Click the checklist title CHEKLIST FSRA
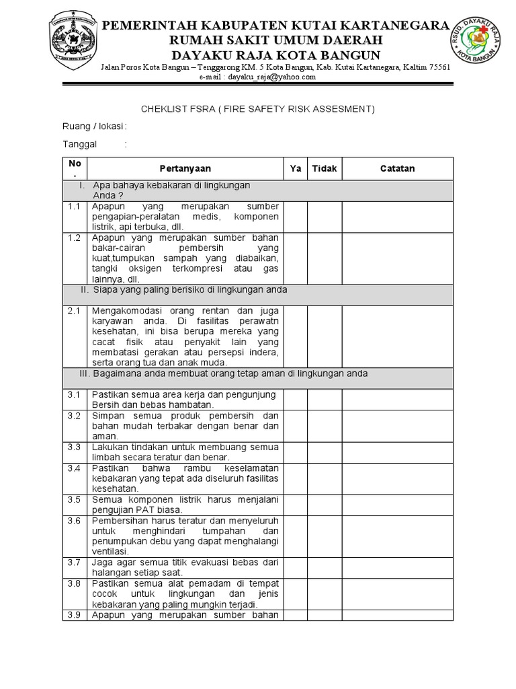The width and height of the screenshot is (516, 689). click(x=257, y=109)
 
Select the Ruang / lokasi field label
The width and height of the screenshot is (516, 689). click(x=94, y=126)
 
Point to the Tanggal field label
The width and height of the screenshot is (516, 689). click(x=80, y=144)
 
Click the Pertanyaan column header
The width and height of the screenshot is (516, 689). click(x=185, y=169)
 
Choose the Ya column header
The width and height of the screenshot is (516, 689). click(x=295, y=169)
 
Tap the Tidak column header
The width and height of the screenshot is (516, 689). click(x=325, y=169)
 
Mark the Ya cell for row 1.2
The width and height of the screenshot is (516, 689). click(x=295, y=258)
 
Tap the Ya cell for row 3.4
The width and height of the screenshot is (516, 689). click(x=295, y=478)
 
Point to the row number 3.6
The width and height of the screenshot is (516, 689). click(x=75, y=520)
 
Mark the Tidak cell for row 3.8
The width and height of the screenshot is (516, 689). click(x=325, y=594)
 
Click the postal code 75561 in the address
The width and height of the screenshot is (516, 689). click(x=438, y=68)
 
